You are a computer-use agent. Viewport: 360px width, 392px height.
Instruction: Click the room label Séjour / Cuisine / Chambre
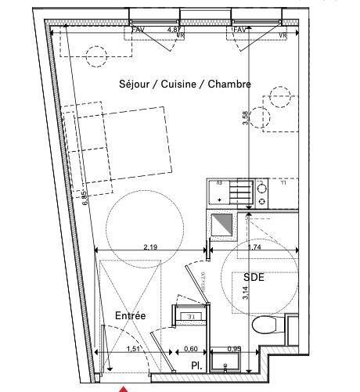pyautogui.click(x=185, y=85)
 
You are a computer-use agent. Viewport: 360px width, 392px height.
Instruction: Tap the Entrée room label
pyautogui.click(x=130, y=315)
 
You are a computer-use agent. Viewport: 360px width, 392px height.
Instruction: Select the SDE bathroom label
pyautogui.click(x=254, y=278)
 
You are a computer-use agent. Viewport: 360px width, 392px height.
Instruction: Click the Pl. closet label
pyautogui.click(x=197, y=365)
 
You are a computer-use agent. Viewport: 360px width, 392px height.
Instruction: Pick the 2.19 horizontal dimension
pyautogui.click(x=151, y=247)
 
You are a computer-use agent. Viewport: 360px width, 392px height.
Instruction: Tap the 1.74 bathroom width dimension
pyautogui.click(x=254, y=247)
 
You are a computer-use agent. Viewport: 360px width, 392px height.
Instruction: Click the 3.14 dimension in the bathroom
pyautogui.click(x=246, y=294)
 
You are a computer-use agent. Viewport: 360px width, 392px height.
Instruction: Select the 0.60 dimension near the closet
pyautogui.click(x=190, y=350)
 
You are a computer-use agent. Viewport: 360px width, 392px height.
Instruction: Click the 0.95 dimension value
pyautogui.click(x=234, y=350)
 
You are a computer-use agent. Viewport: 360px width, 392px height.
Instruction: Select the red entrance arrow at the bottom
pyautogui.click(x=123, y=387)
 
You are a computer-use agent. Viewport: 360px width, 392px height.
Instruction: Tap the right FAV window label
pyautogui.click(x=239, y=31)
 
